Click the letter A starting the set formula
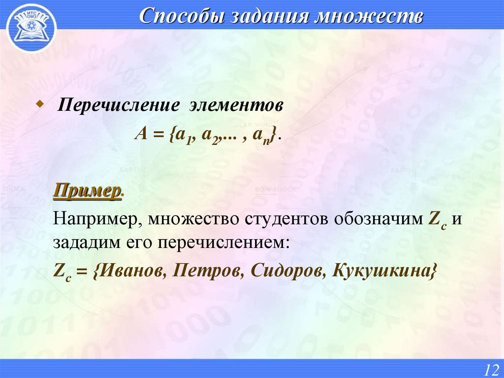pos(142,135)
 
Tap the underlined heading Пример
pos(88,191)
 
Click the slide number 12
pos(490,369)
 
